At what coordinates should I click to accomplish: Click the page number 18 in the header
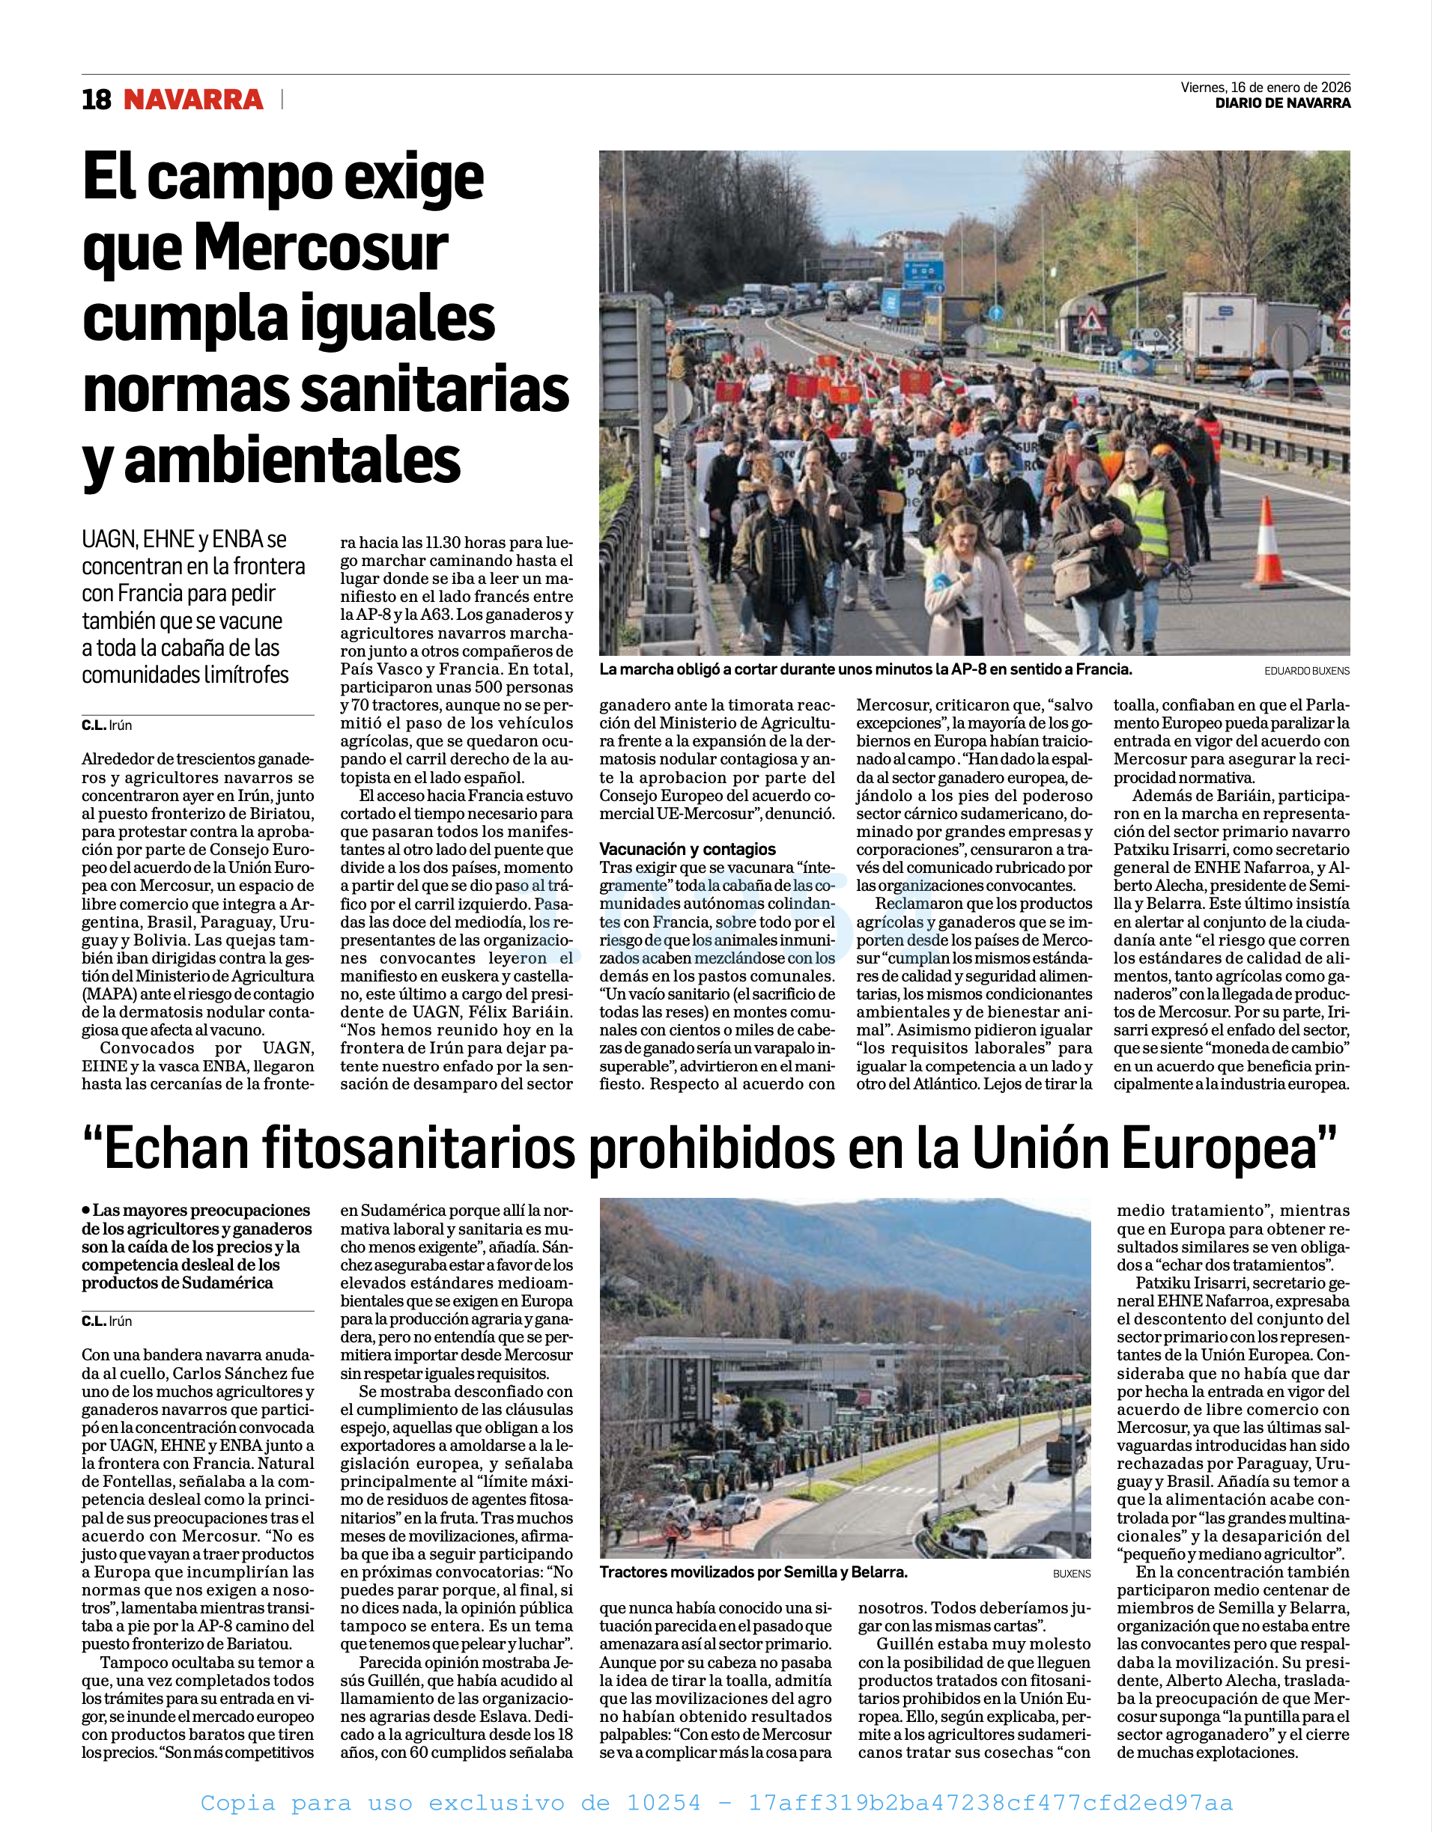tap(97, 100)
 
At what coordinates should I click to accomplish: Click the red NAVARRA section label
tap(193, 100)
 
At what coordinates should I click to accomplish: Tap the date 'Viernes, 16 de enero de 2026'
tap(1265, 88)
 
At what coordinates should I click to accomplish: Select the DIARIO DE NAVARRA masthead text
tap(1283, 103)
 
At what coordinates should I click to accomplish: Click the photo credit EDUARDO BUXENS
tap(1307, 671)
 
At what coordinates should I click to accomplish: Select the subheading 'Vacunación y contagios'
tap(687, 849)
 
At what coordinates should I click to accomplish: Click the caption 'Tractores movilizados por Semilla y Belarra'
tap(753, 1572)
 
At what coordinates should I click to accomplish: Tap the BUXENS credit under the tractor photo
tap(1071, 1574)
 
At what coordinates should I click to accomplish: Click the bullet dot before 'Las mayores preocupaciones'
tap(85, 1210)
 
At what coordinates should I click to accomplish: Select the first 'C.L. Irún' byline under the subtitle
tap(106, 725)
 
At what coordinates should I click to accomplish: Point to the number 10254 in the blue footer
tap(663, 1803)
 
